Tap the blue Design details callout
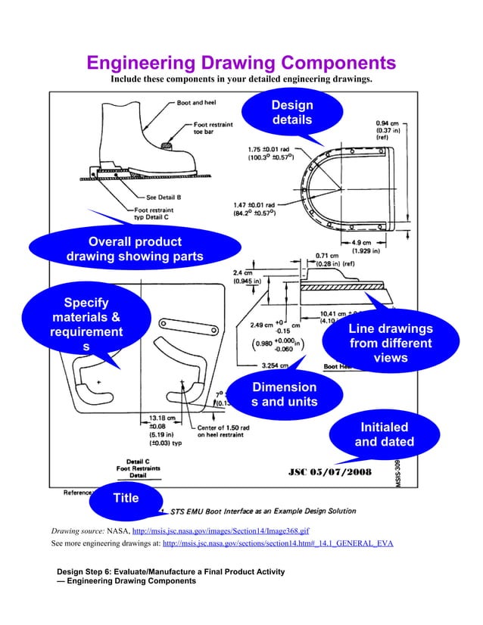pos(292,113)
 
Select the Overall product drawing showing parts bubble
pos(135,249)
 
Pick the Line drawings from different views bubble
pos(391,343)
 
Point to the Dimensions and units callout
pos(284,394)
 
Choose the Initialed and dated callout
pos(384,434)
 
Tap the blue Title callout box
pos(126,498)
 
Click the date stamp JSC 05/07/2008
pos(330,473)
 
